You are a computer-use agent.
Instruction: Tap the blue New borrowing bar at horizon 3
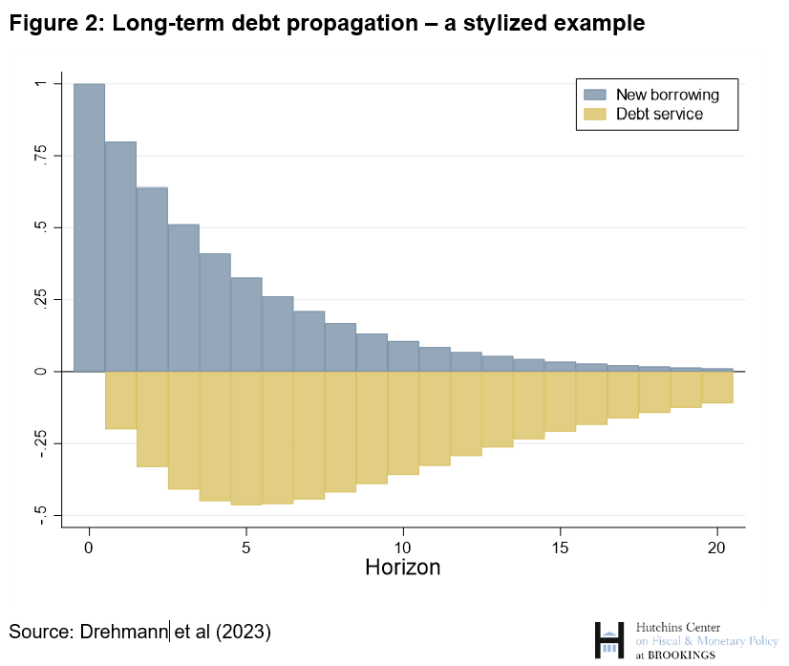[x=183, y=297]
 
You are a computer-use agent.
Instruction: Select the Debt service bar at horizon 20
[x=717, y=386]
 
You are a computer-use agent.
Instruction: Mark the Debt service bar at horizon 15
[x=560, y=401]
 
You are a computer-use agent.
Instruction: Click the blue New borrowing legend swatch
[x=595, y=95]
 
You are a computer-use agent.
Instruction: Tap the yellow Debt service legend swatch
[x=595, y=114]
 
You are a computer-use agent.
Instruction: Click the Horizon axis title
[x=403, y=567]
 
